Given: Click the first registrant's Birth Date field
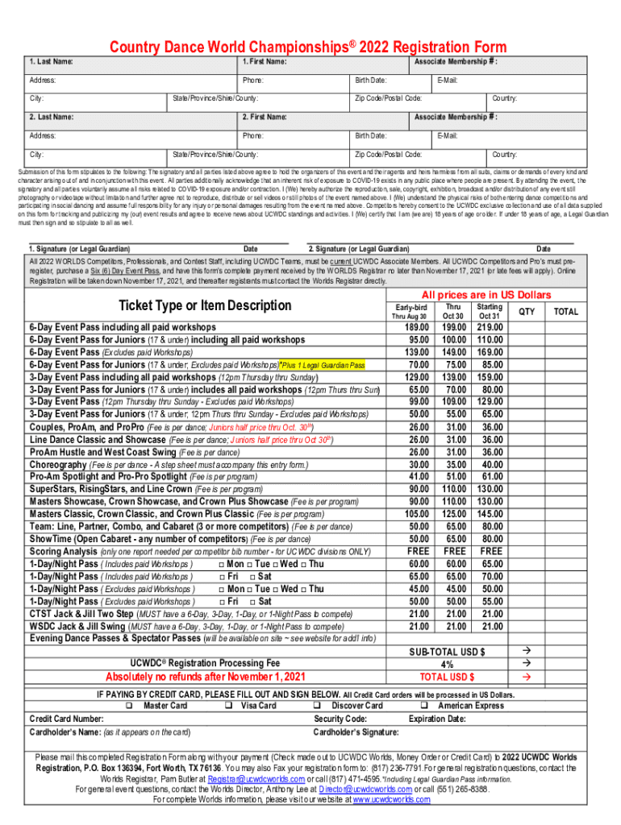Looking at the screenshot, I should click(x=391, y=81).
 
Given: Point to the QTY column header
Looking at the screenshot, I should click(x=526, y=311).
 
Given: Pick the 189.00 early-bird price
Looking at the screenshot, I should click(x=416, y=327).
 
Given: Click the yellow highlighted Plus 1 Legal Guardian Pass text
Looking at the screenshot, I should click(x=322, y=365).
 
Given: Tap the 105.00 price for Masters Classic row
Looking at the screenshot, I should click(x=416, y=513).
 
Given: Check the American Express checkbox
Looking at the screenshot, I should click(x=423, y=706).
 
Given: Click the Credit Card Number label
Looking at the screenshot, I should click(x=66, y=719).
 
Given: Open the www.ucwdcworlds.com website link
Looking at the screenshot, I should click(x=390, y=799).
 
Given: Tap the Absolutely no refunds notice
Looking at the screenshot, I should click(x=206, y=676).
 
